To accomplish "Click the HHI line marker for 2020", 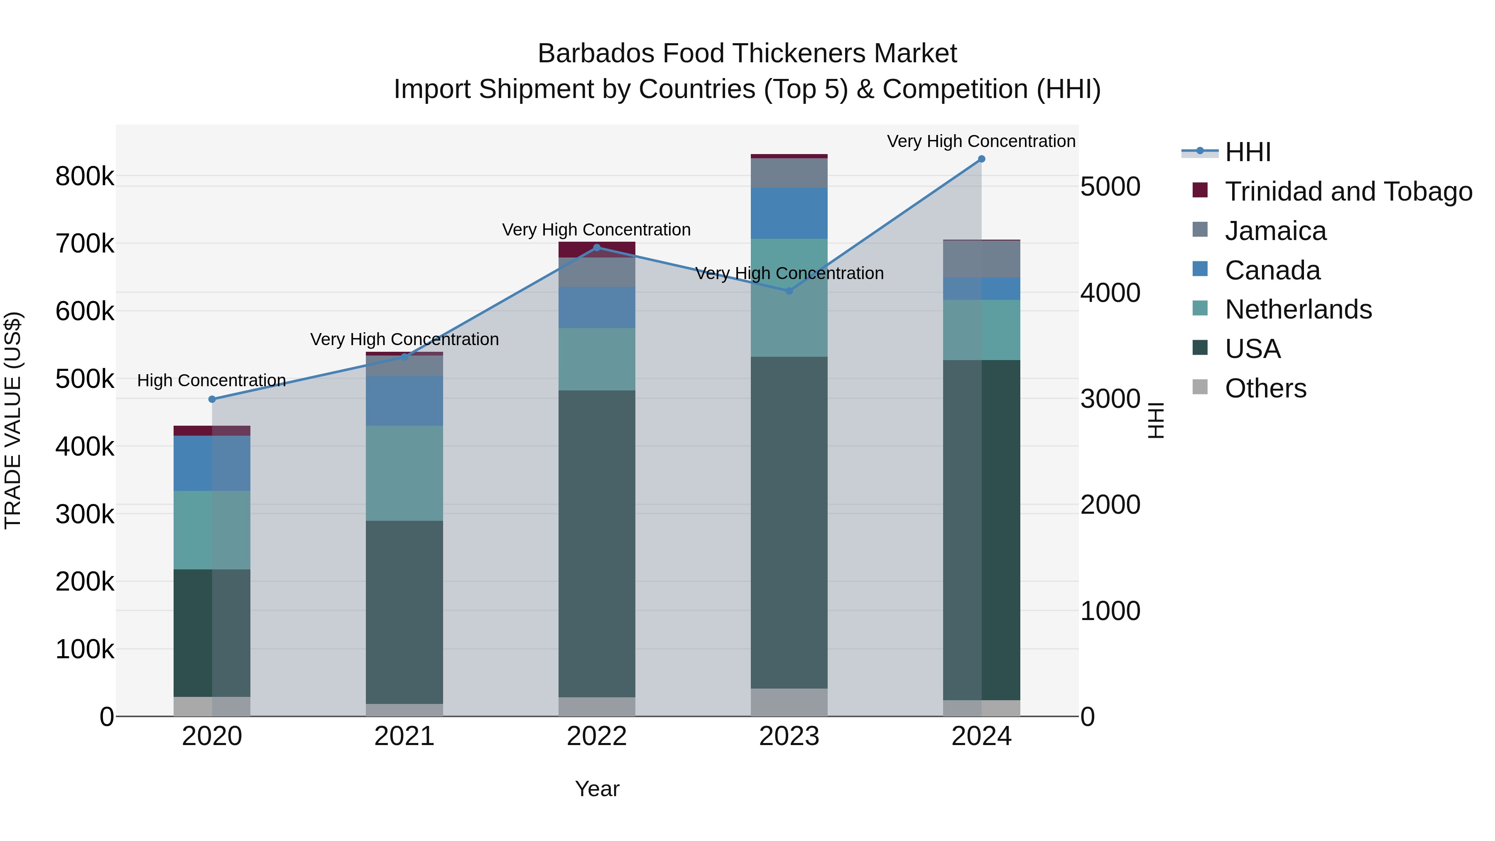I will (x=212, y=399).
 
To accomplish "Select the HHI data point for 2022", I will (x=597, y=248).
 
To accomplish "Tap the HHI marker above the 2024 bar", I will (x=981, y=159).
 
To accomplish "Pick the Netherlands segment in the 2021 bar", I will (x=404, y=473).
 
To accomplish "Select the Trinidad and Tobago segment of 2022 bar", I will (x=597, y=250).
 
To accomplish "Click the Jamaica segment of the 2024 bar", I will (x=981, y=259).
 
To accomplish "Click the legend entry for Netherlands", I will (x=1298, y=309).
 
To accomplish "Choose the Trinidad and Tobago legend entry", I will (x=1348, y=191).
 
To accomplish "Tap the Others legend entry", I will (x=1265, y=388).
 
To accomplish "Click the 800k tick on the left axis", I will (x=85, y=177).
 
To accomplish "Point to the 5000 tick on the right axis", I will (x=1110, y=187).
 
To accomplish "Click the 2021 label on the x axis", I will (x=404, y=736).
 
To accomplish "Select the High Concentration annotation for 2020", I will (x=212, y=381).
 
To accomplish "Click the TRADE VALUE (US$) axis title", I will (x=13, y=420).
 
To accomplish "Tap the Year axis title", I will (x=597, y=789).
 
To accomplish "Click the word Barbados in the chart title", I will (x=595, y=54).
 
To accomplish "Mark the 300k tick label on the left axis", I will (x=85, y=514).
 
